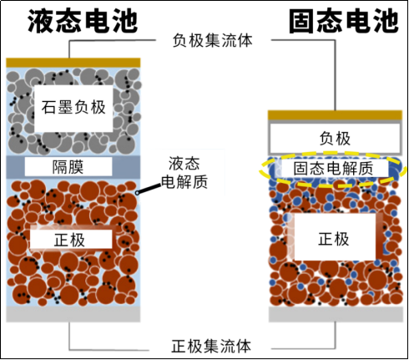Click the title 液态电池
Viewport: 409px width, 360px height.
click(83, 21)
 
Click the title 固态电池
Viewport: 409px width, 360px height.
click(344, 21)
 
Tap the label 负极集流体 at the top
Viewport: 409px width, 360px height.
click(212, 41)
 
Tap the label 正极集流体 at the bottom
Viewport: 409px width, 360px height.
click(211, 346)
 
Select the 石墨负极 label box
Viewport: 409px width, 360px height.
click(73, 108)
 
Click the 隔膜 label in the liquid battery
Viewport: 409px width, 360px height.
click(68, 167)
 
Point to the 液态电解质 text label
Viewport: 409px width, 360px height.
click(184, 173)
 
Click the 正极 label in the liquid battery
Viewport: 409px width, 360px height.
click(71, 239)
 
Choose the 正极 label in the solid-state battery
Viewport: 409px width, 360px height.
click(334, 238)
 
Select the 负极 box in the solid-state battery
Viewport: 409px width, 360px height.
click(335, 138)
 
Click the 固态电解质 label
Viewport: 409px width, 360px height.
click(333, 169)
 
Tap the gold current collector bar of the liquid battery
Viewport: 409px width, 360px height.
click(73, 63)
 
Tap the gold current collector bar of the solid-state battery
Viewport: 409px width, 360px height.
click(335, 115)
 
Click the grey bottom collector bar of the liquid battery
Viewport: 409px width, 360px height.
click(73, 314)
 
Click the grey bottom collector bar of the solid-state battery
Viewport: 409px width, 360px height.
click(336, 314)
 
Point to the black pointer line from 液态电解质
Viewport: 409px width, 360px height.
click(149, 189)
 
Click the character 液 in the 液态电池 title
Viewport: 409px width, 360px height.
click(41, 21)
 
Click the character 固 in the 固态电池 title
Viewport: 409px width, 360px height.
click(302, 21)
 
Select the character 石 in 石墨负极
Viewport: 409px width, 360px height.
click(49, 108)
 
